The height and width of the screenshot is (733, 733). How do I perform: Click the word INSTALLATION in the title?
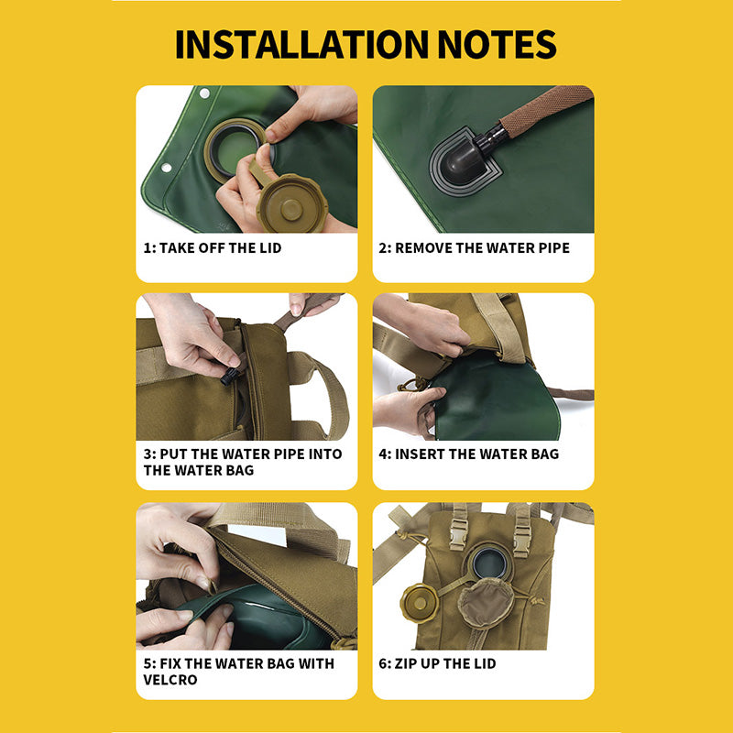pos(301,44)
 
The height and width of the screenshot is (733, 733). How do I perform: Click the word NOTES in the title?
pos(497,44)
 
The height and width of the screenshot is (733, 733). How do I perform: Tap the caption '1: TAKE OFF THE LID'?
pos(213,247)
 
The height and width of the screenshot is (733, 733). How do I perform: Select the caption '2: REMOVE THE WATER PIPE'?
pos(474,247)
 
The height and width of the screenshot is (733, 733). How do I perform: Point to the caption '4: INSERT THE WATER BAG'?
pos(469,454)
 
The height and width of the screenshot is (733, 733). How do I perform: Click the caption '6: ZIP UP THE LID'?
pos(437,663)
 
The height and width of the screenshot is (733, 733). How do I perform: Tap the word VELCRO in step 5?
pos(170,680)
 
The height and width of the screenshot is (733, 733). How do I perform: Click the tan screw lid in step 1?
pos(291,203)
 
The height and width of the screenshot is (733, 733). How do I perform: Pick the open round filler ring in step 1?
pos(234,148)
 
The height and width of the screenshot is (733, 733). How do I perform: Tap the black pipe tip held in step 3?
pos(230,376)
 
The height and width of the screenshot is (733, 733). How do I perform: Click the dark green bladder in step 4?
pos(496,403)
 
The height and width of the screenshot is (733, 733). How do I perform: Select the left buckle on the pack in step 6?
pos(458,532)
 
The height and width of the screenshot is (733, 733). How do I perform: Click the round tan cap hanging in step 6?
pos(420,603)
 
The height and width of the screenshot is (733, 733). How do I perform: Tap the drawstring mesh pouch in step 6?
pos(487,601)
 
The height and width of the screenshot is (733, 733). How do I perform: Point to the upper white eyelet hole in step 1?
pos(204,93)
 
